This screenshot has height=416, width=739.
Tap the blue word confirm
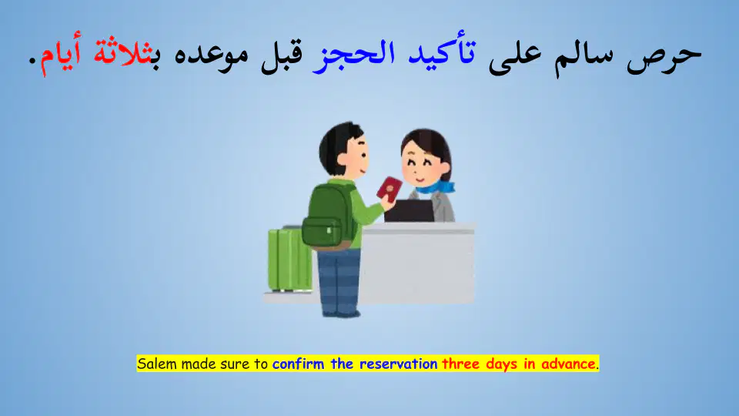pos(298,364)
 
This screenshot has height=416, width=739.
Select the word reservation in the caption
pos(398,364)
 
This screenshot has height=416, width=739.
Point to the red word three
pos(460,364)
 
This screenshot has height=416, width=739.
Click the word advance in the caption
pos(568,364)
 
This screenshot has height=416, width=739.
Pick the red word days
pos(502,364)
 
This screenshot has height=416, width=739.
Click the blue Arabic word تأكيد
pos(442,52)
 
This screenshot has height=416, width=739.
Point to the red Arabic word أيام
pos(60,53)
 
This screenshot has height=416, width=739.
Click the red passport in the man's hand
pos(390,189)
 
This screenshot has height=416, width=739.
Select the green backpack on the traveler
pos(329,217)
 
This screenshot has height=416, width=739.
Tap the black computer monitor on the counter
pos(409,211)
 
